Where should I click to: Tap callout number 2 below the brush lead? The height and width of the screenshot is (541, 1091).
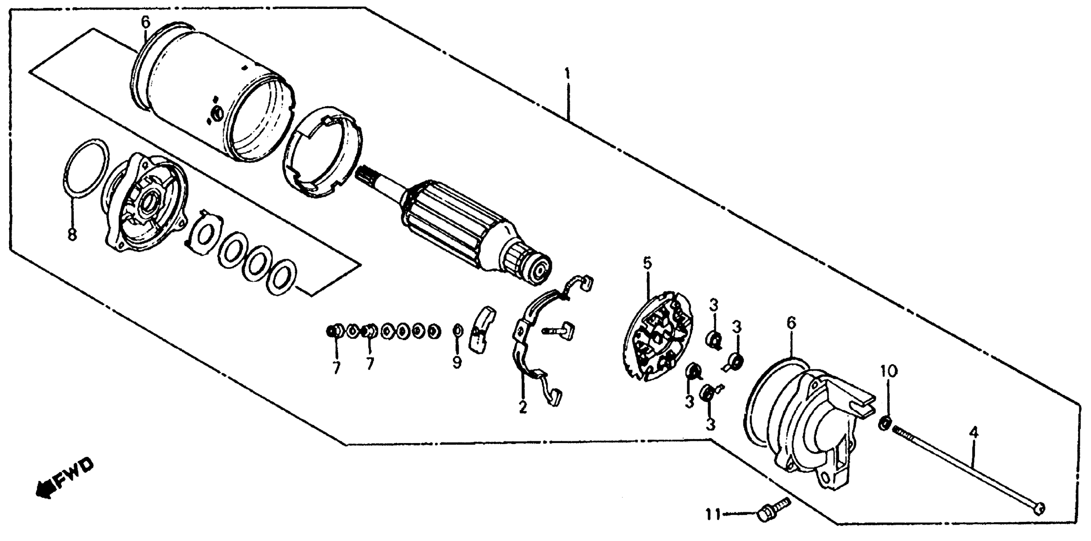523,407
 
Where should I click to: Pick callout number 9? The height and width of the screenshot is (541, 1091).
457,362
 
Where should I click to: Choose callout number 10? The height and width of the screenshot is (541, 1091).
889,371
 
